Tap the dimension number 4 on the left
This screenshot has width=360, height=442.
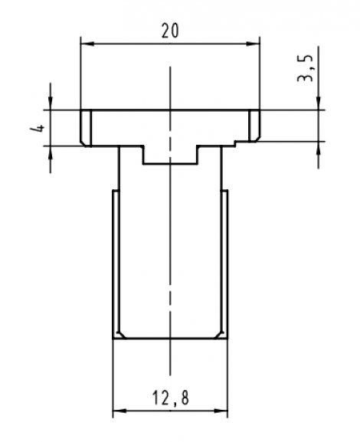pos(35,127)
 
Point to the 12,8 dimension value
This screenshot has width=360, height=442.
pos(170,398)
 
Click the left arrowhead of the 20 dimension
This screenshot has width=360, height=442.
pos(86,44)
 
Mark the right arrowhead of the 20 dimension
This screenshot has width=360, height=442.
pos(255,44)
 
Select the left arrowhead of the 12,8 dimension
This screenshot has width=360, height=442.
pos(118,413)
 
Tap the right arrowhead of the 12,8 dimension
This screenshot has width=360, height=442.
pos(223,413)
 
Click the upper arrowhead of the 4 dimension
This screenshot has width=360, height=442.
pos(51,104)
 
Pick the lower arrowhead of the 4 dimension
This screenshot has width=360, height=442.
pos(51,151)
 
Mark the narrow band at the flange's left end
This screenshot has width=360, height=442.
pos(86,127)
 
